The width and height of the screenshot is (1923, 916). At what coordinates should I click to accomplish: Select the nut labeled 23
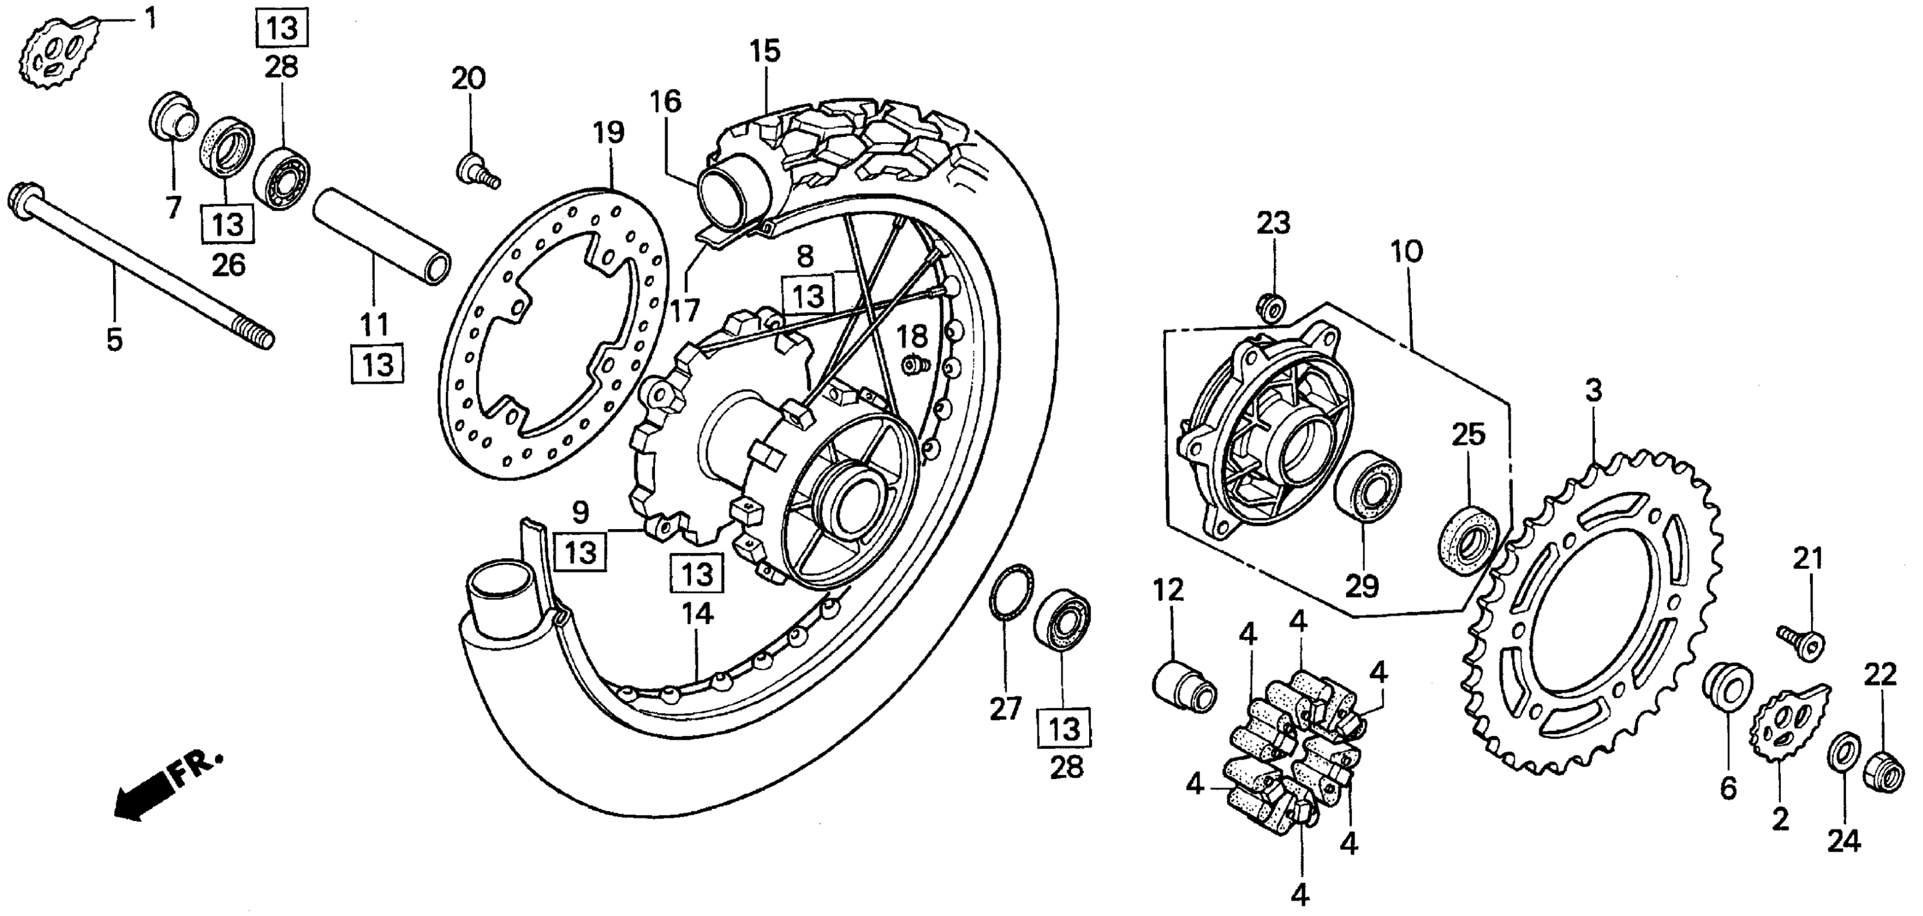pyautogui.click(x=1271, y=306)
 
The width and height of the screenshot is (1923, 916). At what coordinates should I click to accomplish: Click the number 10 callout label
pyautogui.click(x=1406, y=252)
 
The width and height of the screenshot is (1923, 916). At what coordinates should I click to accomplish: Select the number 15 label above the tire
pyautogui.click(x=766, y=52)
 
